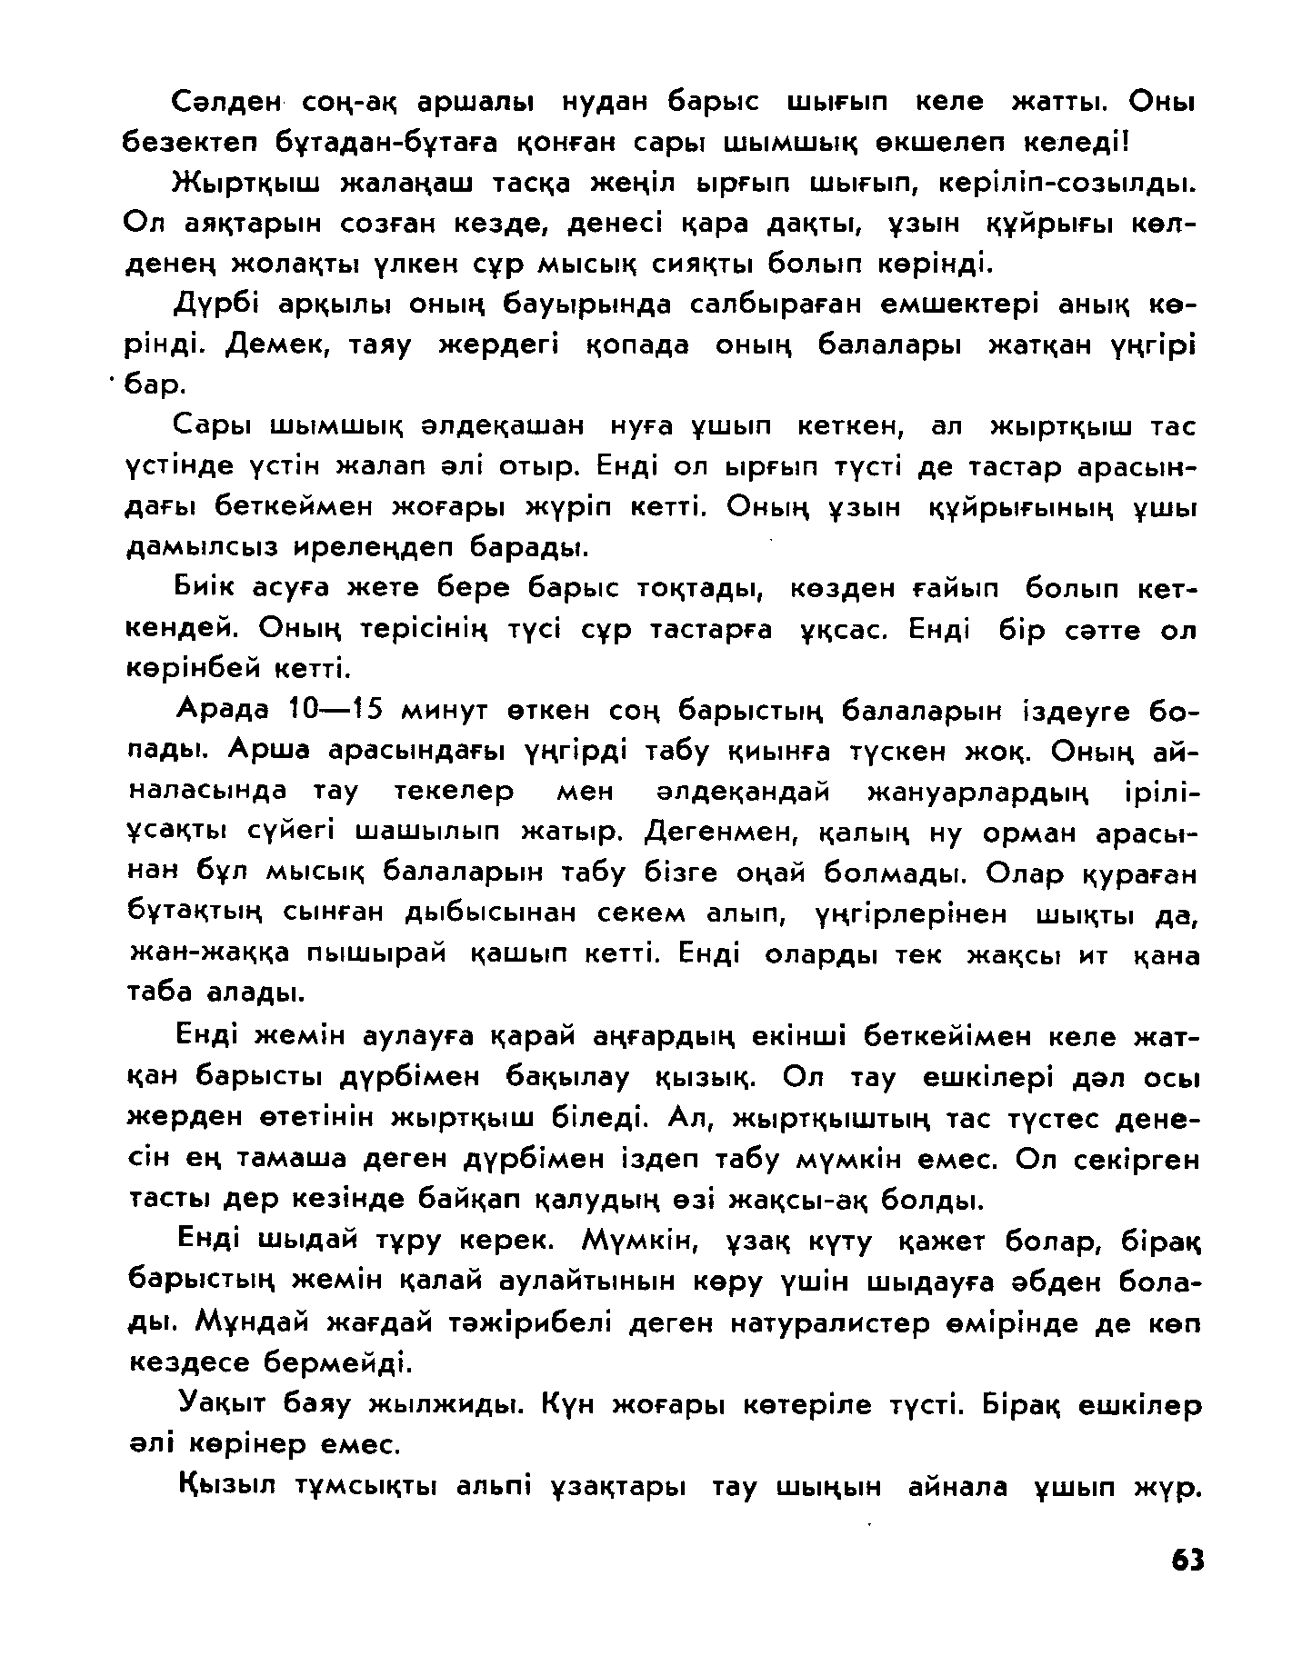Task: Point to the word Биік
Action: [x=205, y=589]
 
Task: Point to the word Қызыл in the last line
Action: [x=228, y=1487]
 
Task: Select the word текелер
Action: [x=455, y=792]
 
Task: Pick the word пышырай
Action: [x=383, y=955]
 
